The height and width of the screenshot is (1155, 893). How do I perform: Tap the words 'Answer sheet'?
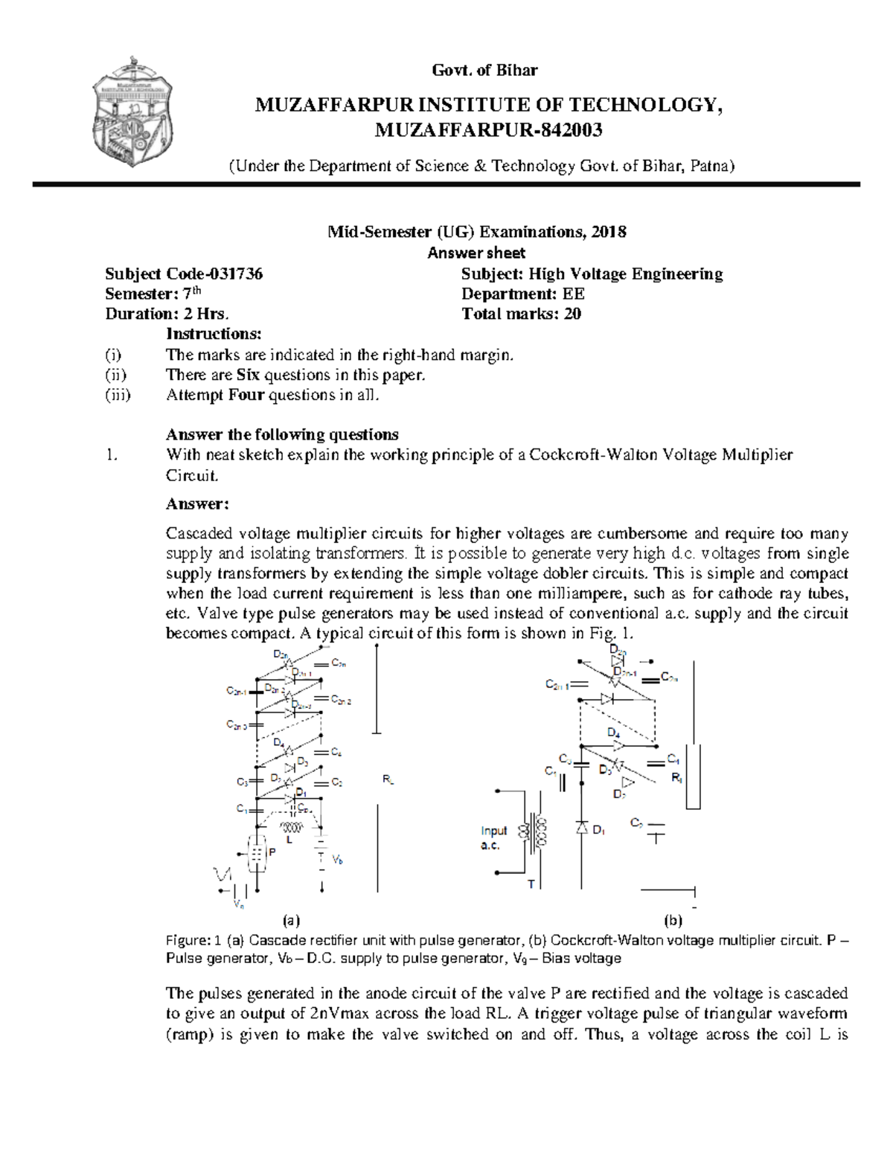tap(476, 253)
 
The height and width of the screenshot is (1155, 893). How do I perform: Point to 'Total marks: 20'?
tap(521, 314)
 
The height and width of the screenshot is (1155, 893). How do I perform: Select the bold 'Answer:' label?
tap(197, 504)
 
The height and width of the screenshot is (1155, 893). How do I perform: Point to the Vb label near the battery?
tap(338, 860)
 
